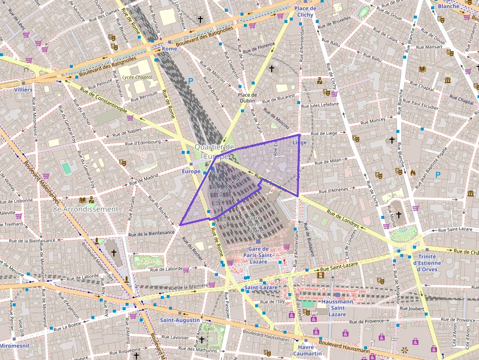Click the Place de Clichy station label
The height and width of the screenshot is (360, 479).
(x=305, y=12)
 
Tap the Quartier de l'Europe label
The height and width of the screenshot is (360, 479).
(x=215, y=151)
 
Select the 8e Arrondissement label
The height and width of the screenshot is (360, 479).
(x=86, y=209)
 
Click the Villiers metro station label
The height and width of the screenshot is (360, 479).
(x=23, y=90)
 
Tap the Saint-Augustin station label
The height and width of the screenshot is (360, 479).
(x=180, y=320)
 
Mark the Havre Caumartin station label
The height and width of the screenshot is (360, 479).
(x=307, y=350)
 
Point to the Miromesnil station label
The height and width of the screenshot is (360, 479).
(x=14, y=345)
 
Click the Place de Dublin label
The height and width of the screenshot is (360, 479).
(x=247, y=98)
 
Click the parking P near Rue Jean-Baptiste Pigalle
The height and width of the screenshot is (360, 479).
(x=438, y=174)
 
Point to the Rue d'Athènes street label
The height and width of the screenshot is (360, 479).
(x=333, y=190)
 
